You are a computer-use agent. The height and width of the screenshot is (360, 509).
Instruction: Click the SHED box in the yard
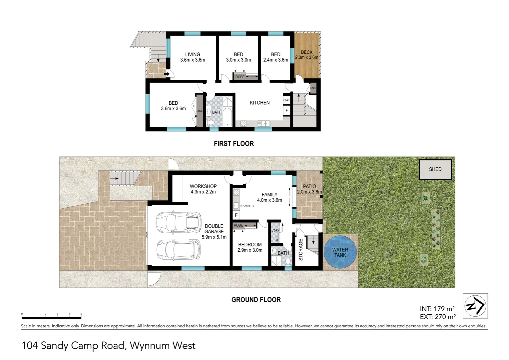[435, 169]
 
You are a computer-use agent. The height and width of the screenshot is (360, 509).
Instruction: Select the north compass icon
[475, 306]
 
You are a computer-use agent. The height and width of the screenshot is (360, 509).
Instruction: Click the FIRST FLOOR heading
[234, 144]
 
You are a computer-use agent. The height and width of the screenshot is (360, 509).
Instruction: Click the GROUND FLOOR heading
[256, 300]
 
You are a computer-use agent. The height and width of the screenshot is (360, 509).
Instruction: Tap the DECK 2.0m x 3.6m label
[306, 55]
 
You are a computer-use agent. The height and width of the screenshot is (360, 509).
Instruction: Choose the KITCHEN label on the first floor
[259, 103]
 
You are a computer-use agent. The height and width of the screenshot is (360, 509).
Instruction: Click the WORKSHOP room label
[203, 189]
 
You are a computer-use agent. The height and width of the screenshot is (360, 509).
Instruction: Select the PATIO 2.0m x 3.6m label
[309, 189]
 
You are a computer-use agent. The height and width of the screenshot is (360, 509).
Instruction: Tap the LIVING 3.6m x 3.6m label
[193, 57]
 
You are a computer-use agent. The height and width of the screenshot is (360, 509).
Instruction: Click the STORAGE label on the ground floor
[300, 250]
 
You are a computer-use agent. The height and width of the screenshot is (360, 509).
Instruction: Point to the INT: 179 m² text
[437, 309]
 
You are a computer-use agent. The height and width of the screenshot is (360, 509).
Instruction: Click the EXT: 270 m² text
[438, 317]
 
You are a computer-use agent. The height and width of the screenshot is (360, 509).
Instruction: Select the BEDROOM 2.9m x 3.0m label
[250, 247]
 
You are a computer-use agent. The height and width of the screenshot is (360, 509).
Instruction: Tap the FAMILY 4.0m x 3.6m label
[269, 197]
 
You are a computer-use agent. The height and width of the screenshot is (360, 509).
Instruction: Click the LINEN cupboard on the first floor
[313, 88]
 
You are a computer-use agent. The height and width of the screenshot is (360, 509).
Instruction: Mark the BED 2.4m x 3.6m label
[275, 57]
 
